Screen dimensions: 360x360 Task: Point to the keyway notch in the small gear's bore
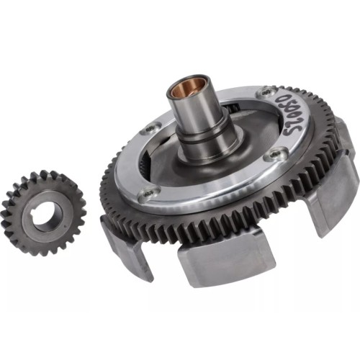34,212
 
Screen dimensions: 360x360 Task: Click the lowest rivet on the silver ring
147,193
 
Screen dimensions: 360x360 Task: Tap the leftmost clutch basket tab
125,248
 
